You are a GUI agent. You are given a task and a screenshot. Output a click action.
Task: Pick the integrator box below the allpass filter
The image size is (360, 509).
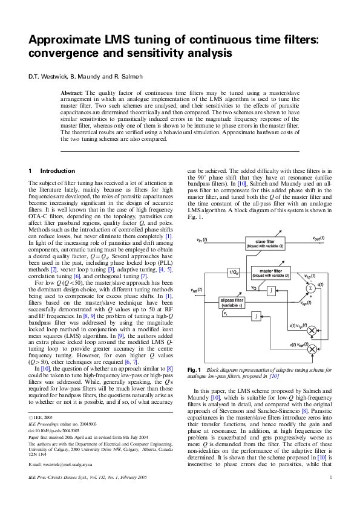256,316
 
